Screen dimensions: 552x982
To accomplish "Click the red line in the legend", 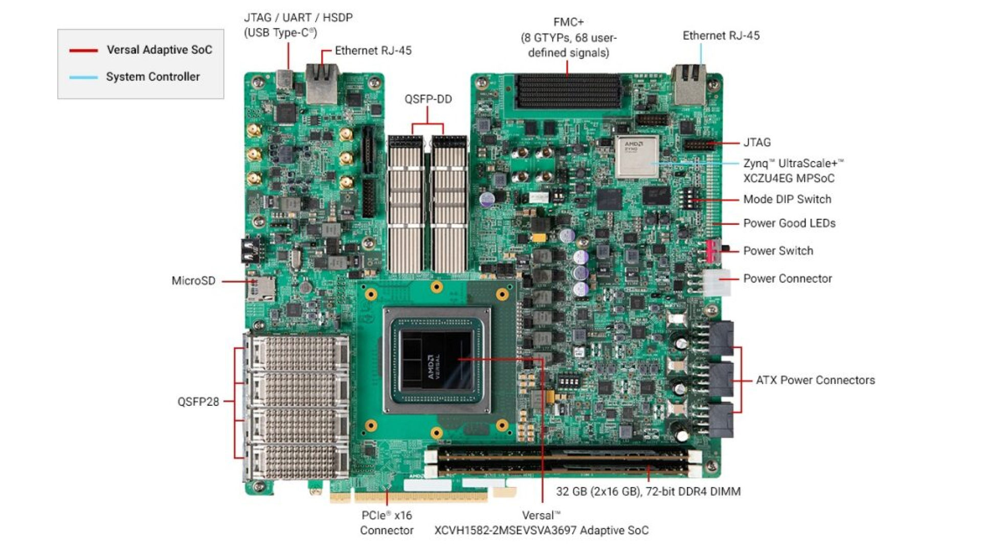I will [83, 50].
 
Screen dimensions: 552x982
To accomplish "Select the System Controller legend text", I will [152, 77].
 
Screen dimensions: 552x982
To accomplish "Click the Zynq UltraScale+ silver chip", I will [636, 156].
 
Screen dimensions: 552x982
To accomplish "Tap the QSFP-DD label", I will [428, 99].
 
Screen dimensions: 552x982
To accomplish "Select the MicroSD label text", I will [193, 281].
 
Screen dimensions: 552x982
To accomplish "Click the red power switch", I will [711, 250].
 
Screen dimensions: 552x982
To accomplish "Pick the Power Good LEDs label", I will [789, 223].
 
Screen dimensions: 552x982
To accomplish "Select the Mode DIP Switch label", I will [787, 199].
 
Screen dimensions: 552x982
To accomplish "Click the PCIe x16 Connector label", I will [387, 523].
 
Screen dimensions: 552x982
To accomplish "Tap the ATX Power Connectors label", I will [815, 380].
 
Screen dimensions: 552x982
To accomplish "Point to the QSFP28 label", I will [198, 402].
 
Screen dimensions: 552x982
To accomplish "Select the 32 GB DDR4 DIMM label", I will [648, 492].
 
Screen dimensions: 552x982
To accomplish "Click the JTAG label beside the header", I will [756, 143].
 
